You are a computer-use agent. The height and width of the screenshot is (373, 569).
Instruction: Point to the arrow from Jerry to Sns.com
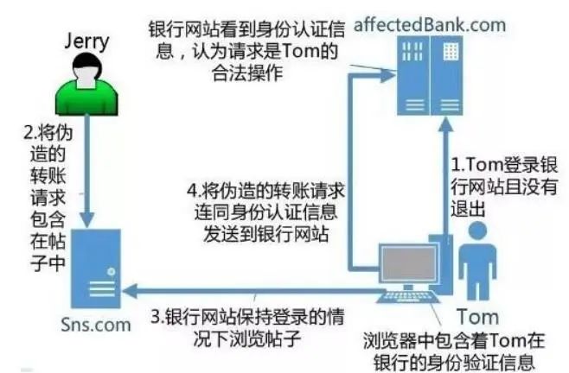point(91,173)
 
